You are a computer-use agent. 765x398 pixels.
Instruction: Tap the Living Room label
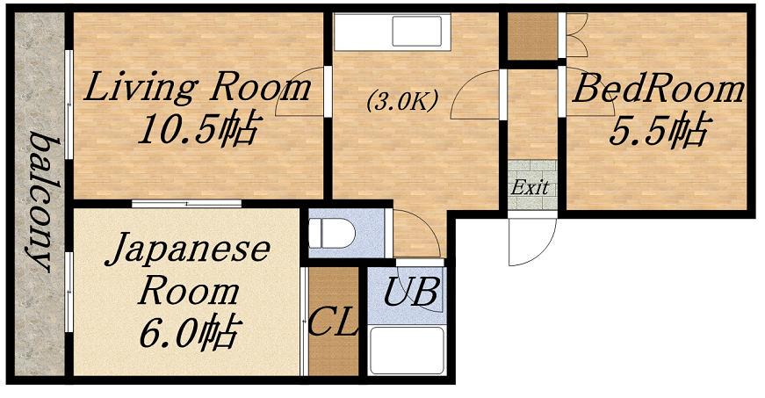point(198,87)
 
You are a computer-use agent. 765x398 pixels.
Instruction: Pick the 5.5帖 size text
point(658,130)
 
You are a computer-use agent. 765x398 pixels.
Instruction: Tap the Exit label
point(530,187)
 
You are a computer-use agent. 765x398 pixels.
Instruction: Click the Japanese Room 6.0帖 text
point(188,291)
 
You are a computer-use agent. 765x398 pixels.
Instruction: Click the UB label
point(410,293)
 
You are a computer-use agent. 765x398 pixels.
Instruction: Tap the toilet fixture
point(332,233)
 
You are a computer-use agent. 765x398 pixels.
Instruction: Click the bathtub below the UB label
point(407,350)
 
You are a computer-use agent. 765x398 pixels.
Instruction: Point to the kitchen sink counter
point(392,32)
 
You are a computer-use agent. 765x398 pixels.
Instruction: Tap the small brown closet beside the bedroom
point(533,36)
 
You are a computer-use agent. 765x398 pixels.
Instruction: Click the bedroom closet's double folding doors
point(575,34)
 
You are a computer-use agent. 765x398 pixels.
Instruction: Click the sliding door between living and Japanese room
point(186,203)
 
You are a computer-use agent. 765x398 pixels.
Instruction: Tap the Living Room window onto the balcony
point(69,105)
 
